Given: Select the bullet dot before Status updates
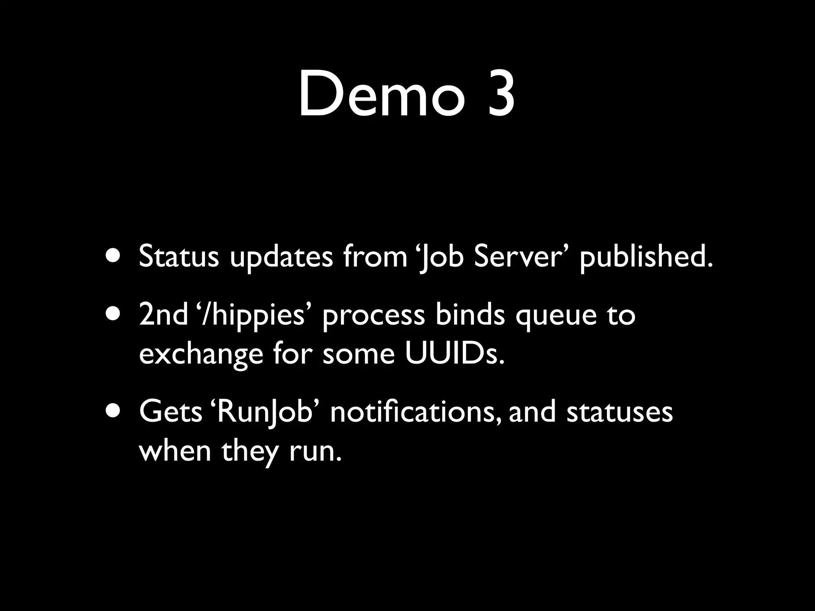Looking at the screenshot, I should (115, 256).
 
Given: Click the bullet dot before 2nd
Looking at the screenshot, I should (115, 314).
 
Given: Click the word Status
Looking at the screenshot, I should (179, 256).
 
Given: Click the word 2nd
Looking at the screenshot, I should (163, 314).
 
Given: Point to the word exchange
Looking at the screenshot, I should (201, 354).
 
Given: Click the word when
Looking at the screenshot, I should (175, 451).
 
